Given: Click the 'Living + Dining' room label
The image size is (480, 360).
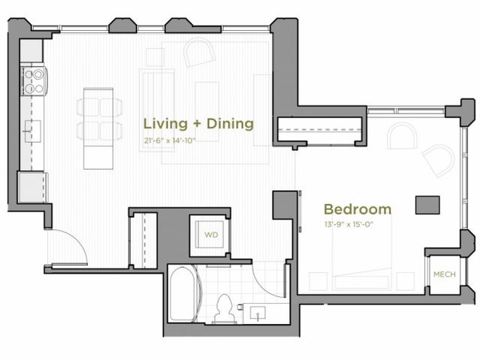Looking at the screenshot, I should point(198,123).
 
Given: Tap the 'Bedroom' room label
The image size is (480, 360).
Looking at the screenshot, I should point(357,209).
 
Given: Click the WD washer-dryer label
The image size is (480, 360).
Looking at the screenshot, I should point(211,234).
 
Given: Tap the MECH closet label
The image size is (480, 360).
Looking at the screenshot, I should point(443,274).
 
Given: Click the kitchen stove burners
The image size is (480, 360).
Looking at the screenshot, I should point(33,80).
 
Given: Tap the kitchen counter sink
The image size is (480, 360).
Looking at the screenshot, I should point(32,130).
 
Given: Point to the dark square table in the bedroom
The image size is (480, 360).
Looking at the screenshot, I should point(427,205).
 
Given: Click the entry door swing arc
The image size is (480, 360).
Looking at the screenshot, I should point(72,247).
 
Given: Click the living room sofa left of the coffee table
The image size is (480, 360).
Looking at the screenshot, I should point(157,98).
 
